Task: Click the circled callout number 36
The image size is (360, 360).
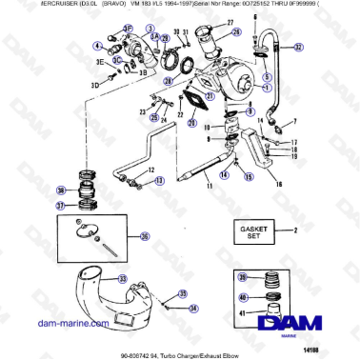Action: (145, 237)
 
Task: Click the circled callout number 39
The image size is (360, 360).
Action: (242, 277)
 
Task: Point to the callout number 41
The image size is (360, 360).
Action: (242, 312)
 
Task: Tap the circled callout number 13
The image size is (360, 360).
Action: (159, 179)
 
